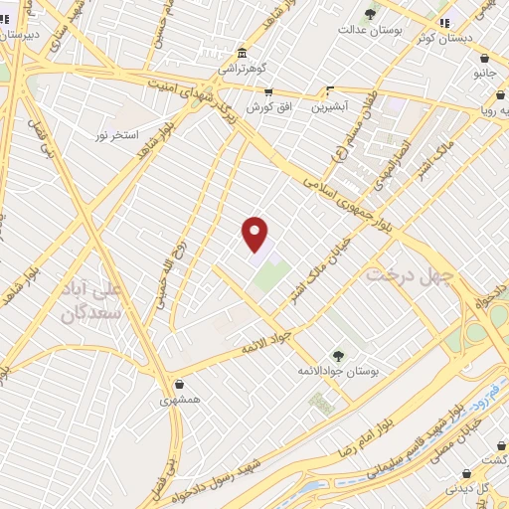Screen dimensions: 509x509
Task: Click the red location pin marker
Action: point(255,234)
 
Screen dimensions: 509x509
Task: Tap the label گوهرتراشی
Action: point(242,70)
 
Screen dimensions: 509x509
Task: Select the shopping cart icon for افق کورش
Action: point(268,91)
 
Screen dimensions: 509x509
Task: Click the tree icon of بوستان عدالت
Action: point(370,14)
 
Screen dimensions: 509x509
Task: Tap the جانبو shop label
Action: point(484,74)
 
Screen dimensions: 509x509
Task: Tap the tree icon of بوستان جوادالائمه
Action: point(339,355)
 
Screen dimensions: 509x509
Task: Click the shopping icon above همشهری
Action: point(179,385)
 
